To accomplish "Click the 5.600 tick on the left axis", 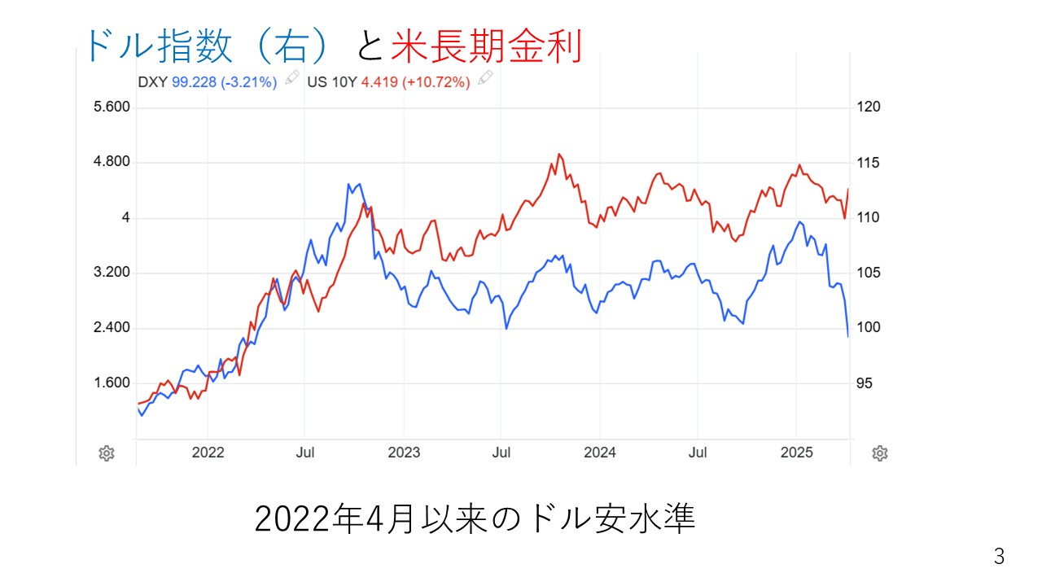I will [113, 107].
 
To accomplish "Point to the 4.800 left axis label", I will [113, 163].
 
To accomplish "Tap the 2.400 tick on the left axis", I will [113, 328].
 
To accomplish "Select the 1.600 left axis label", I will [113, 383].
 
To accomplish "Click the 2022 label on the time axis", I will [208, 453].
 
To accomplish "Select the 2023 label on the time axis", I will [404, 453].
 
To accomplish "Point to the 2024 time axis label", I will [600, 453].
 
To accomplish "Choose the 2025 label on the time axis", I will [796, 453].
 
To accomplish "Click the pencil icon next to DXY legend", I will [291, 80].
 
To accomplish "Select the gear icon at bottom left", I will [106, 453].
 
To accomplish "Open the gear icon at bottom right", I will [879, 453].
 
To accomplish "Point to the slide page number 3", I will [999, 558].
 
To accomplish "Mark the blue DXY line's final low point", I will [848, 336].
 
